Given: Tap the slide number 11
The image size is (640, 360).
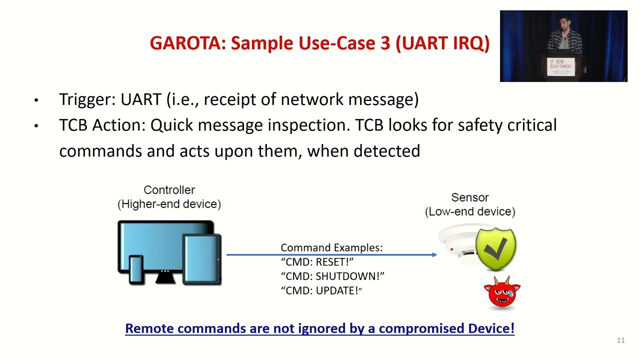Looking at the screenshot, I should (620, 340).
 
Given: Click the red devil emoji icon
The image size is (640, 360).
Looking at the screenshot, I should (501, 293).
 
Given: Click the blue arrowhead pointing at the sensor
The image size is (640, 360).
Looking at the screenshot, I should (434, 255).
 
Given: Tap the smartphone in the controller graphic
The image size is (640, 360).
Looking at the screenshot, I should (136, 269).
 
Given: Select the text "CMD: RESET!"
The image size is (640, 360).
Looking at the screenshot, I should (317, 262).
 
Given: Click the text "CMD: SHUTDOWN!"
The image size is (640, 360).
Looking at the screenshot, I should (332, 276).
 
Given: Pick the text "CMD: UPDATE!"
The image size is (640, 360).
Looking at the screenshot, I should (321, 291).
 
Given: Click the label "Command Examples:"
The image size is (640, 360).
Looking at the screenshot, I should (331, 248).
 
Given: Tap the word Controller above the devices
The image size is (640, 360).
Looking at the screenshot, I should (169, 190).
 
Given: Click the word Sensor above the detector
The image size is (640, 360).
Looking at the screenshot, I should (469, 197).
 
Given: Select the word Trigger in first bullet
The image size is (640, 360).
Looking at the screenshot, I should (86, 99).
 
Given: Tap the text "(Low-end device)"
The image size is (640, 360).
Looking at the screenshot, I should (470, 211).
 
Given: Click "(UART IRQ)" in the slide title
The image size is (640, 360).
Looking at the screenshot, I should (442, 43).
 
